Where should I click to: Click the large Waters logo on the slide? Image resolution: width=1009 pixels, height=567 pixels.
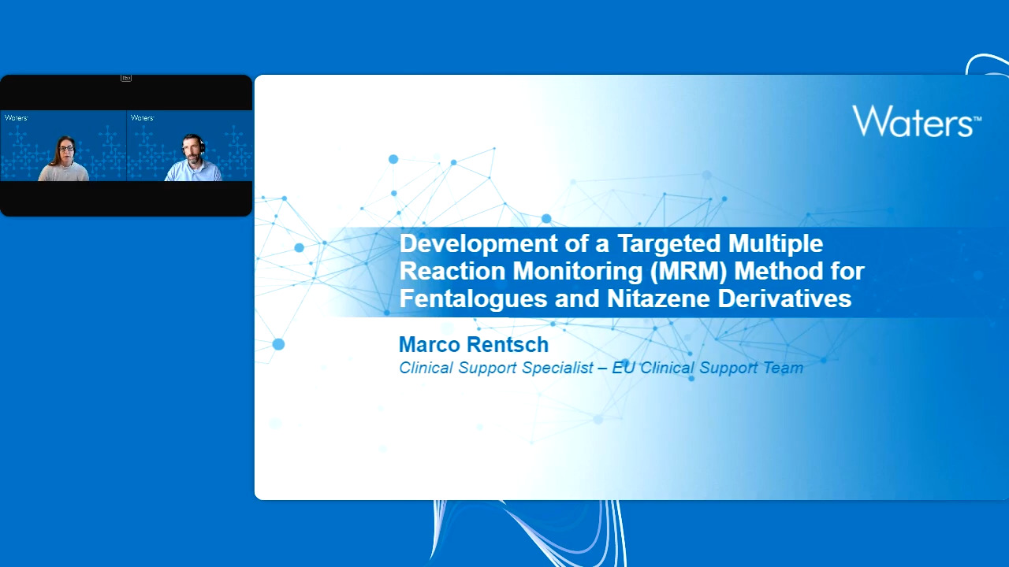(x=917, y=120)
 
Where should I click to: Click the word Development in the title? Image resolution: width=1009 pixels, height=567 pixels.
(x=478, y=244)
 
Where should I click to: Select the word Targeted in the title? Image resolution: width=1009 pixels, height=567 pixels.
(x=669, y=244)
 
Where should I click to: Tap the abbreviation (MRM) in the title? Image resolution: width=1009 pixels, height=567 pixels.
(x=688, y=272)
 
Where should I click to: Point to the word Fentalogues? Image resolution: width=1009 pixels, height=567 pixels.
(x=473, y=298)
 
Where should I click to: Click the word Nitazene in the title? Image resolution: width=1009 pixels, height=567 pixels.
(x=658, y=298)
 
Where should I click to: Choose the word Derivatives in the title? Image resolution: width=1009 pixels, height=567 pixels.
(x=784, y=298)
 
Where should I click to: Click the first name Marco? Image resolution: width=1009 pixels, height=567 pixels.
(x=430, y=345)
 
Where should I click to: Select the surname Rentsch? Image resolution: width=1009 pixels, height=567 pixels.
(x=508, y=345)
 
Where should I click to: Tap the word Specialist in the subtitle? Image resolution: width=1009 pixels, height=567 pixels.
(x=557, y=368)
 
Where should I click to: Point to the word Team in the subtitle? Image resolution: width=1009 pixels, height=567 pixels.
(x=784, y=368)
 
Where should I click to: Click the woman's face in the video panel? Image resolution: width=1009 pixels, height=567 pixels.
(x=66, y=150)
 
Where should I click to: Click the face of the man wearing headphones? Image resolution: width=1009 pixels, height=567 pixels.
(x=191, y=148)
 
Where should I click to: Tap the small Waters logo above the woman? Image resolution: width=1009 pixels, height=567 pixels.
(x=17, y=118)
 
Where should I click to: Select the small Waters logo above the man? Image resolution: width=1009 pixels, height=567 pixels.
(x=143, y=118)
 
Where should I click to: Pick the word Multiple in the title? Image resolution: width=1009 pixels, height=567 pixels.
(x=776, y=244)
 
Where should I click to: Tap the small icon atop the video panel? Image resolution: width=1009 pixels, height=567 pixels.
(x=125, y=78)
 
